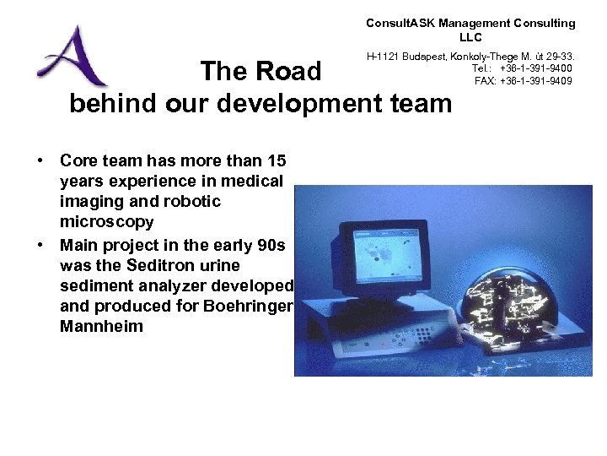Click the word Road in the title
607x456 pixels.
pos(290,72)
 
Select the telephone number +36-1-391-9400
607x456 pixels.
pos(536,68)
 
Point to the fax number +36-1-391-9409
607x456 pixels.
pos(536,81)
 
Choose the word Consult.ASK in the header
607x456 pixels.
pos(400,24)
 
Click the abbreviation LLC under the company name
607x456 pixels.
pos(470,37)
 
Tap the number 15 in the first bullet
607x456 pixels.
pos(276,160)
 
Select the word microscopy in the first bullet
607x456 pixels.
pos(107,222)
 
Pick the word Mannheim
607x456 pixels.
pos(102,326)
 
